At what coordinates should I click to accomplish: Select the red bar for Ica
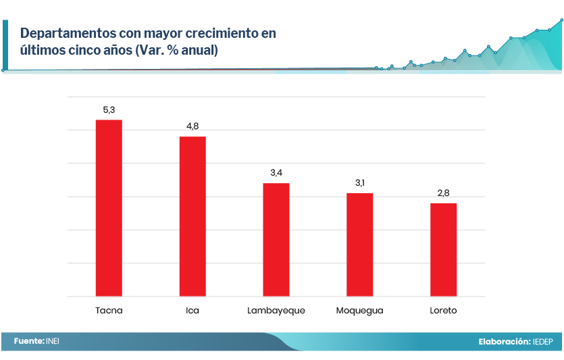(193, 216)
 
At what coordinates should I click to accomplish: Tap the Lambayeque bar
(276, 240)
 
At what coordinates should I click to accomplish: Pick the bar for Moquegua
(359, 245)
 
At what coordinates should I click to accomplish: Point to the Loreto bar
(443, 250)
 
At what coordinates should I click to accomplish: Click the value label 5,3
(109, 109)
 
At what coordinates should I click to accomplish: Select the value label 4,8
(193, 126)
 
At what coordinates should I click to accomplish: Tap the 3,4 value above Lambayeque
(276, 173)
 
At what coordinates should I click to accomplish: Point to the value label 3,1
(359, 183)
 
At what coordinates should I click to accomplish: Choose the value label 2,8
(443, 193)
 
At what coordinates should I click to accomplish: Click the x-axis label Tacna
(109, 311)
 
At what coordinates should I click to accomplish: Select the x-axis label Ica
(193, 311)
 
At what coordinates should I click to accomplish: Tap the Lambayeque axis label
(276, 311)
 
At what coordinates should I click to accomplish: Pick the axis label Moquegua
(359, 311)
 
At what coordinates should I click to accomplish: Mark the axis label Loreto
(443, 311)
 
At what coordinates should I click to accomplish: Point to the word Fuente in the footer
(28, 341)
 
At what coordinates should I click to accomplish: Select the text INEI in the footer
(53, 341)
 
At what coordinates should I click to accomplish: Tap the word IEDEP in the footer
(542, 342)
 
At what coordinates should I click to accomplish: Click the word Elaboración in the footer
(503, 342)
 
